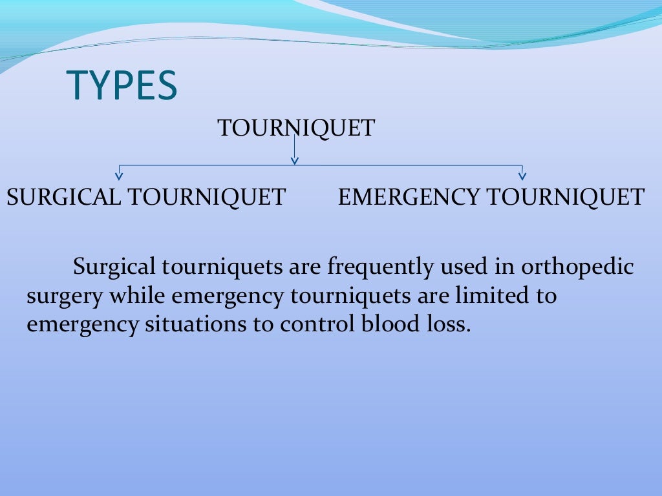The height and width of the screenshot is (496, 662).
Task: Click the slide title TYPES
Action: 122,86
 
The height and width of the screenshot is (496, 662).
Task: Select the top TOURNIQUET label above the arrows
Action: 296,128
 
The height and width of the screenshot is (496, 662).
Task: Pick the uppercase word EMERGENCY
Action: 409,197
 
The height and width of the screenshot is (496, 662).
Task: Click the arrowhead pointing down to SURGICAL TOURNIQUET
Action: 119,174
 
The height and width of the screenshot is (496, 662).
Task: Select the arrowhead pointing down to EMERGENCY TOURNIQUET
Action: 522,174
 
